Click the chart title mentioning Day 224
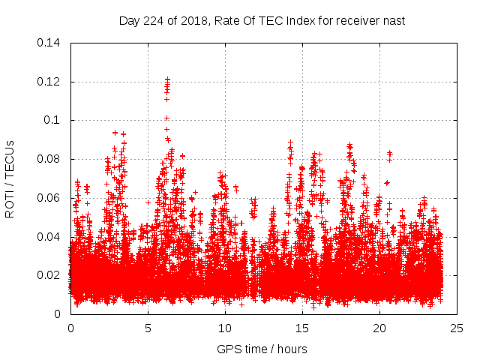(x=262, y=20)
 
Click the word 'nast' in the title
(x=392, y=20)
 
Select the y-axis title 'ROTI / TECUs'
(x=10, y=178)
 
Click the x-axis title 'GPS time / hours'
(x=262, y=349)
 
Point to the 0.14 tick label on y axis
(x=49, y=43)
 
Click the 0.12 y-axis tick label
(x=49, y=82)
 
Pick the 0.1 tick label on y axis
(x=52, y=120)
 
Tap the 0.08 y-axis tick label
(x=49, y=159)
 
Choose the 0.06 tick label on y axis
(x=49, y=198)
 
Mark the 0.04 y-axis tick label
(x=49, y=237)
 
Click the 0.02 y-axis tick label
(x=49, y=275)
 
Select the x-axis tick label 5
(x=148, y=328)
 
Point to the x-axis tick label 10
(x=225, y=328)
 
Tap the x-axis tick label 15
(x=302, y=328)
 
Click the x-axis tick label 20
(x=379, y=328)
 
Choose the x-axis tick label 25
(x=457, y=328)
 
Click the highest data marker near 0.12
(x=167, y=79)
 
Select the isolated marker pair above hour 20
(x=389, y=154)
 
